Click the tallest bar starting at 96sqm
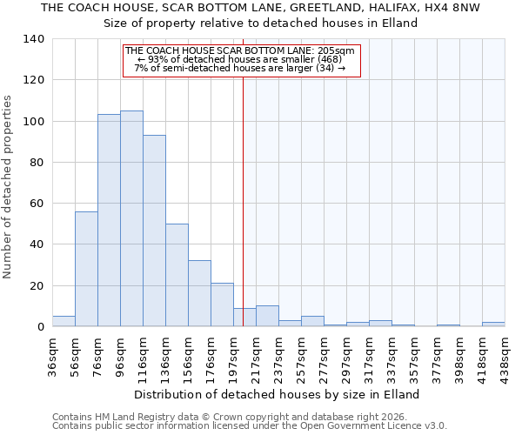point(131,218)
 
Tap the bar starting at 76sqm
point(109,220)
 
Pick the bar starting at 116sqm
point(154,231)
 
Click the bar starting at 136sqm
point(177,275)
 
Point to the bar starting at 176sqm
point(222,304)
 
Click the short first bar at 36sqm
point(64,321)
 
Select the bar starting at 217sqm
point(267,316)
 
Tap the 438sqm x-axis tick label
point(505,354)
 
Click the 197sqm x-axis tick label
point(234,354)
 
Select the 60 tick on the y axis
point(38,204)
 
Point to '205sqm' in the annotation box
point(335,51)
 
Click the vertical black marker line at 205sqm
point(243,217)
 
